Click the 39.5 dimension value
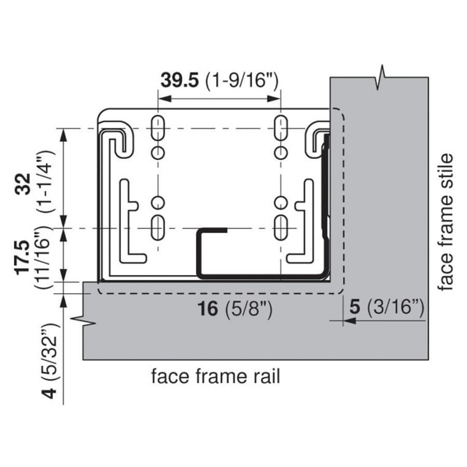pos(180,80)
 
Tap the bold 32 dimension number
pos(23,184)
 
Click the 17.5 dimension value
pos(23,257)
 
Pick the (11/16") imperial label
pos(44,257)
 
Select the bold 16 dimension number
pos(208,309)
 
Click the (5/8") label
pos(249,309)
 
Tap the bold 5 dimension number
pos(355,307)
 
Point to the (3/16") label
pos(395,307)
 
